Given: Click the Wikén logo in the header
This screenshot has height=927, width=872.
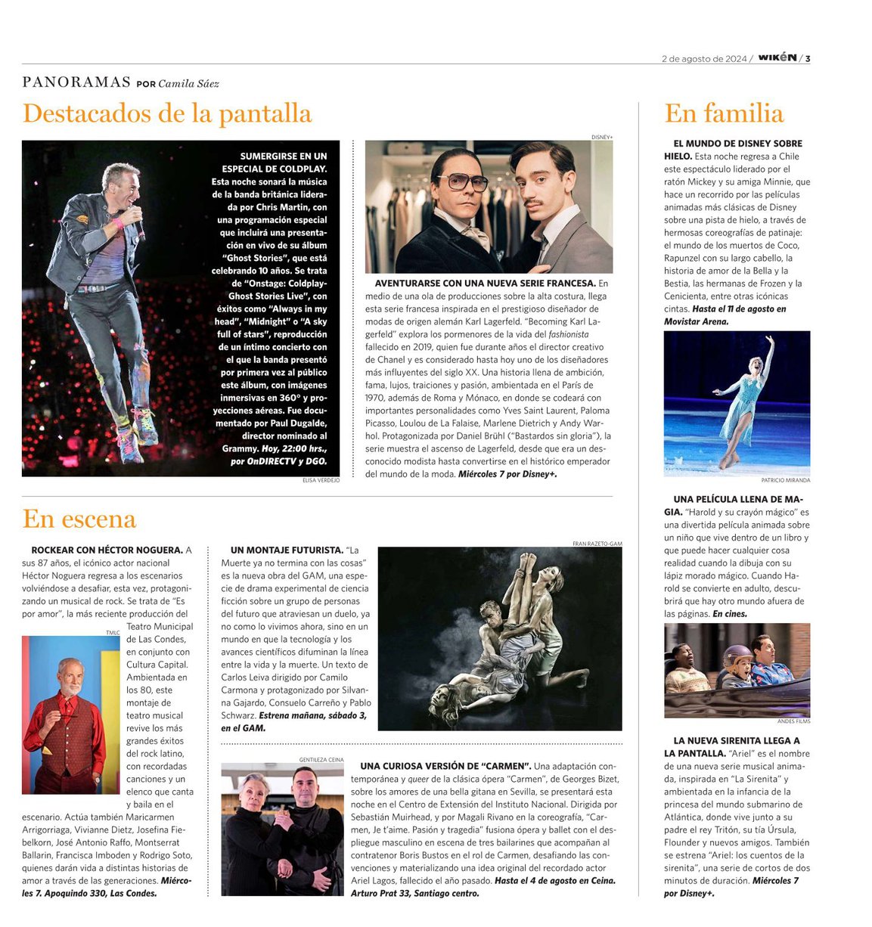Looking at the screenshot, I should (777, 57).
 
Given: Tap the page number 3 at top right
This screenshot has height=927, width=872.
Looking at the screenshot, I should (808, 58).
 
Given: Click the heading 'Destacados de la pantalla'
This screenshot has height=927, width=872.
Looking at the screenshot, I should (167, 113).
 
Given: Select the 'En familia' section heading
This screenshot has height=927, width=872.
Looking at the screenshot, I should (724, 113).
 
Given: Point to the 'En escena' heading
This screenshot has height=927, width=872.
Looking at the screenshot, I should (79, 519).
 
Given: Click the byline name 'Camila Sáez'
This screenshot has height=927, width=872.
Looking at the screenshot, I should (188, 83).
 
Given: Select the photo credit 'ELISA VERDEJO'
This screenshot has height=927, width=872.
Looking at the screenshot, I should (321, 480).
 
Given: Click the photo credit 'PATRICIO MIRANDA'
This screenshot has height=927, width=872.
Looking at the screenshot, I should (785, 480).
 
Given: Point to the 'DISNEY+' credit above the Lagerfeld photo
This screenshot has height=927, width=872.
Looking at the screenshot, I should (602, 137).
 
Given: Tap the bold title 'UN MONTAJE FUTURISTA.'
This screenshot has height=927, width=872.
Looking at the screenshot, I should (287, 550).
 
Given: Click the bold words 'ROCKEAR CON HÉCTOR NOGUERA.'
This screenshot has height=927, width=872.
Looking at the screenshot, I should (107, 550).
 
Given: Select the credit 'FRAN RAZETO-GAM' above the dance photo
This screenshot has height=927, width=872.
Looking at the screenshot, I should (597, 544).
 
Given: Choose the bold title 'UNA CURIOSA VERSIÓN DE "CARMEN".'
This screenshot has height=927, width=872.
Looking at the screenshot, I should (445, 767).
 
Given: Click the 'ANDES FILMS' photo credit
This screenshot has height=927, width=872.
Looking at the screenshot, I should (793, 721).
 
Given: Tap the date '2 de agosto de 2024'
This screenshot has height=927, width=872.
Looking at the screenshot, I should (703, 59).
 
